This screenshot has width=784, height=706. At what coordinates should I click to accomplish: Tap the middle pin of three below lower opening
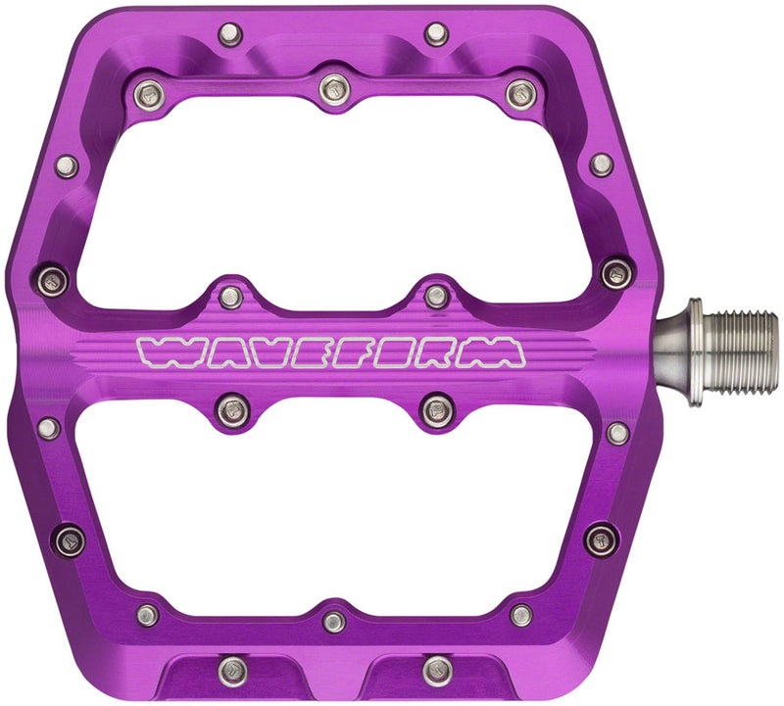pos(333,621)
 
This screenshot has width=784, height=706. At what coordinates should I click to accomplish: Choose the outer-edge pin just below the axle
pos(617,433)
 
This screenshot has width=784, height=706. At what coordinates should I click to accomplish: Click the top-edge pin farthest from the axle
pos(228,34)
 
